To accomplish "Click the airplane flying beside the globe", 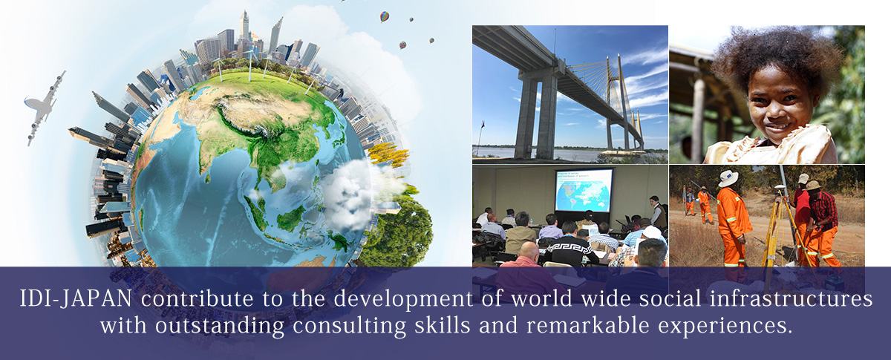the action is coord(43,108).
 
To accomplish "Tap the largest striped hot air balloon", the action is coord(384,17).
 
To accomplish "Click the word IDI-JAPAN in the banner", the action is coord(76,298).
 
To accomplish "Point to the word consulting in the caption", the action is coord(349,326).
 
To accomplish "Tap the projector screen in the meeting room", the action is coord(584,190).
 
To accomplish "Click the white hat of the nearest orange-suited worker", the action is coord(728,178).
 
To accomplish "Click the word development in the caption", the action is coord(403,299).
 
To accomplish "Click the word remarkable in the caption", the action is coord(588,325).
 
